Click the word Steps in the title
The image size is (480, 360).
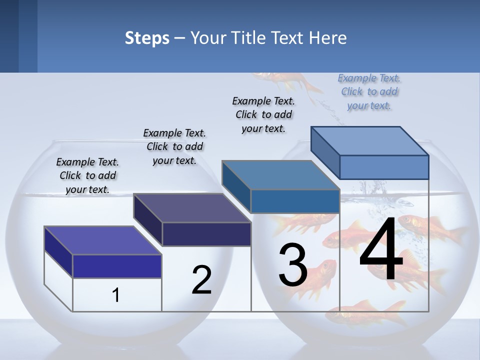146,38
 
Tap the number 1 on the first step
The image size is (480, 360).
116,295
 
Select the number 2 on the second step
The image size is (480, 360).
201,280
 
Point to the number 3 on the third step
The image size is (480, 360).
293,265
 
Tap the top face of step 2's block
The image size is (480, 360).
192,207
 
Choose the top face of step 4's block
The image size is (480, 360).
370,140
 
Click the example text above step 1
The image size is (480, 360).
87,175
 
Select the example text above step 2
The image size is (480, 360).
174,146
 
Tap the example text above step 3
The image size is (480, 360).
263,114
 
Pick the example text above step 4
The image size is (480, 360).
369,91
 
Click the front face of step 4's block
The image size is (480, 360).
384,167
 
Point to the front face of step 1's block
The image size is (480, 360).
117,266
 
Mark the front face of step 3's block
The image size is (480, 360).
295,201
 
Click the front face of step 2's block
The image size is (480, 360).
206,234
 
